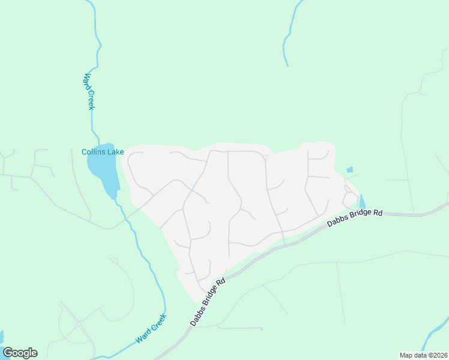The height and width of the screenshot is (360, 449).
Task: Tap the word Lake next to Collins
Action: click(115, 152)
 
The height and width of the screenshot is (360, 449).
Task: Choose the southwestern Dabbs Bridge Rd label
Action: click(208, 302)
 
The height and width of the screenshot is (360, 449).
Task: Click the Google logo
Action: click(20, 353)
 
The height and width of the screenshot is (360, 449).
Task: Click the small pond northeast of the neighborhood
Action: click(350, 170)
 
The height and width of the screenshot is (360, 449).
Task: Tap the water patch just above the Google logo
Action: click(1, 335)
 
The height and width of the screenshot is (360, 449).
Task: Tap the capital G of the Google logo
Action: click(8, 353)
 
